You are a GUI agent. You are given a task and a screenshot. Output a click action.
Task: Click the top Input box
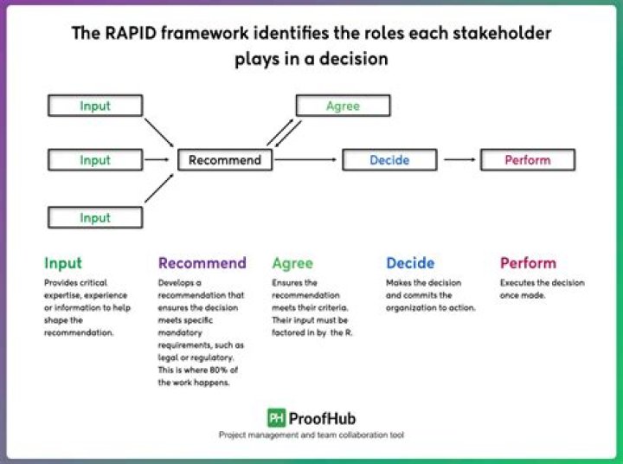pos(95,106)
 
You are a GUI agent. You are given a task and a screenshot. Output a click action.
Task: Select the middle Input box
pos(95,160)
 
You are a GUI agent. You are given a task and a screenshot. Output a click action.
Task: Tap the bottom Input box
pos(95,217)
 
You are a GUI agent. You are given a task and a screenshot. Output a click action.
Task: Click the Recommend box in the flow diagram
pos(225,160)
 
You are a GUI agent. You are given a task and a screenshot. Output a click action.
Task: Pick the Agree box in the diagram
pos(343,106)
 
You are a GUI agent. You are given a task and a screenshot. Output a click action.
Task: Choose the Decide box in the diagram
pos(389,160)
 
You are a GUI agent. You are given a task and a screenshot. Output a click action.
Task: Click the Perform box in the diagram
pos(527,160)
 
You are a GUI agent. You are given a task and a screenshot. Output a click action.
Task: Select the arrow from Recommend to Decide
pos(306,160)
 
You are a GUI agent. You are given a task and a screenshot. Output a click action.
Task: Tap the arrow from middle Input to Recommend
pos(157,160)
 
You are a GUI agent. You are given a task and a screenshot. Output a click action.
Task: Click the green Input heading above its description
pos(63,263)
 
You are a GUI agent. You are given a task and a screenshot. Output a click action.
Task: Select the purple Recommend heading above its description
pos(202,263)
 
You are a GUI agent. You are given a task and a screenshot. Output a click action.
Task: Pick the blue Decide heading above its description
pos(410,263)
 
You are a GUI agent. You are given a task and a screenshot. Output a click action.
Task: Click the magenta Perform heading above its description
pos(528,263)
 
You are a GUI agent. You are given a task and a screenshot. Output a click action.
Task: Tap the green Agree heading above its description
pos(292,263)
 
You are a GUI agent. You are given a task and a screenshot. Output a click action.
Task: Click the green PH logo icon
pos(276,417)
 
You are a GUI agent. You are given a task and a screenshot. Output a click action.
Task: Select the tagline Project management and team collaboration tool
pos(311,435)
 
